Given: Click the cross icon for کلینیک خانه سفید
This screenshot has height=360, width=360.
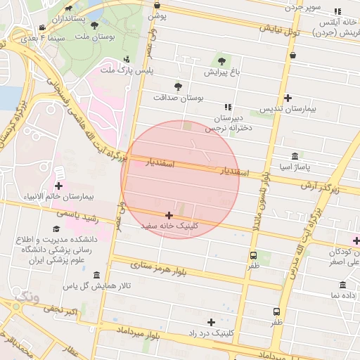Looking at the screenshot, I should click(x=169, y=215).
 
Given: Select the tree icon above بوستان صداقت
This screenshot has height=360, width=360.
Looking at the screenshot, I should click(x=178, y=86).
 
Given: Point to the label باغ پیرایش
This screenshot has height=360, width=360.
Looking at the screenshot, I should click(x=222, y=72).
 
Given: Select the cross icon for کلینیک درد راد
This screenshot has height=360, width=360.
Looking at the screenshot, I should click(x=211, y=321).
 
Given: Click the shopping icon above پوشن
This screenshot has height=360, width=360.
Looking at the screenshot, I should click(x=157, y=5).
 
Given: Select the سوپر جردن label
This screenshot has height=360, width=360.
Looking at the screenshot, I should click(x=302, y=7).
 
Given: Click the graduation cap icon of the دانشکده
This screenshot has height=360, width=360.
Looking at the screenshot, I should click(x=56, y=229).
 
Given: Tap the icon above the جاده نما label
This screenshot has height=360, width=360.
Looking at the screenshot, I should click(x=342, y=285).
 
